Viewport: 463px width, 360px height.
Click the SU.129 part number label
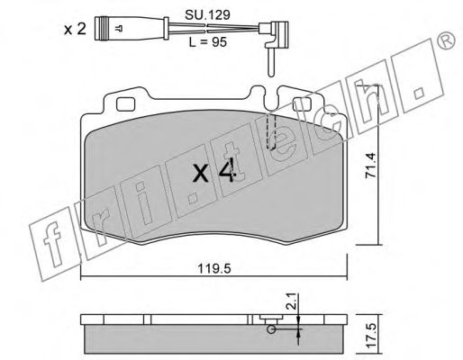coord(207,14)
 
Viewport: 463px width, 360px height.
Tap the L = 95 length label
coord(207,42)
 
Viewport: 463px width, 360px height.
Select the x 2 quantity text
coord(75,29)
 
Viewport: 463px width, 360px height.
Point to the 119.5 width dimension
coord(214,269)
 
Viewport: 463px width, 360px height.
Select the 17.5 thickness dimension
coord(371,337)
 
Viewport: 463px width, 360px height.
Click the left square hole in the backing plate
coord(125,104)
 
